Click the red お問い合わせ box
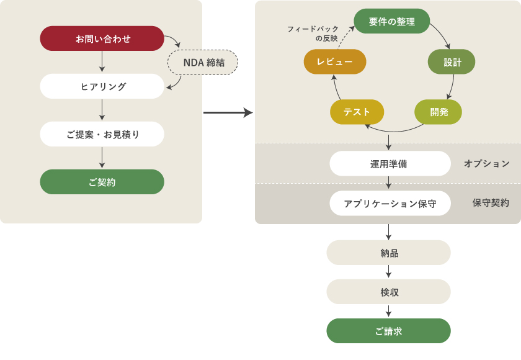[102, 38]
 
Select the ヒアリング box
[102, 86]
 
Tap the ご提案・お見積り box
[102, 134]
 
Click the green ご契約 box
[102, 182]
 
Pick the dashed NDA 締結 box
[203, 62]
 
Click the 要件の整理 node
[391, 21]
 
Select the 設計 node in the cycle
[452, 62]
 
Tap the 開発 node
[439, 112]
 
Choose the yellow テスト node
[357, 112]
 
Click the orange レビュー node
[335, 62]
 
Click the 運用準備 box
[390, 164]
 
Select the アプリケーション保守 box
[390, 203]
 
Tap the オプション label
[487, 164]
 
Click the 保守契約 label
[491, 203]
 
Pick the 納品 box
[389, 253]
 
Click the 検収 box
[389, 292]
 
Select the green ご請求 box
[389, 331]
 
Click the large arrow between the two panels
[228, 112]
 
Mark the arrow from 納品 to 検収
[389, 272]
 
